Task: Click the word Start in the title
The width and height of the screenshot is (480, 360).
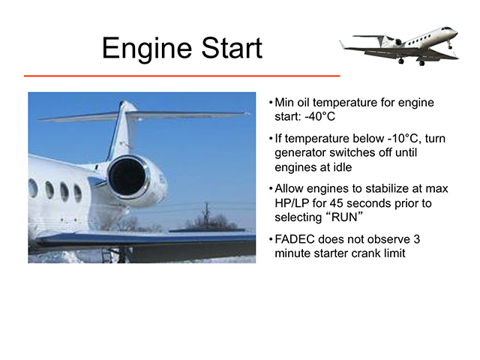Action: (232, 47)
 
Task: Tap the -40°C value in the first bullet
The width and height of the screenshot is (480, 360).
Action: (320, 116)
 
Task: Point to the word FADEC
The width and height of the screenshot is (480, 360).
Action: (295, 239)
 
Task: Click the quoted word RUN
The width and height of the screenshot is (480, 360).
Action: (345, 217)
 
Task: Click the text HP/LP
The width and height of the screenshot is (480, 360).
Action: (292, 203)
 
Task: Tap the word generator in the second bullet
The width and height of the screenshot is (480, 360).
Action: (300, 153)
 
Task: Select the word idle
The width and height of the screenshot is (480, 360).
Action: (343, 167)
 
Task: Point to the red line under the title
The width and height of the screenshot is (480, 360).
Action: (181, 76)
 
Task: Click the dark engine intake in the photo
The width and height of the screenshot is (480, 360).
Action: (127, 177)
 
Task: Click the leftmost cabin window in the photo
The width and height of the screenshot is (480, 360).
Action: (33, 188)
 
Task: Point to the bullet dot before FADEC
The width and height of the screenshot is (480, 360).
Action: (271, 238)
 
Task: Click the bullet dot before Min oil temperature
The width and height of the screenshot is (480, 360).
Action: (271, 102)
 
